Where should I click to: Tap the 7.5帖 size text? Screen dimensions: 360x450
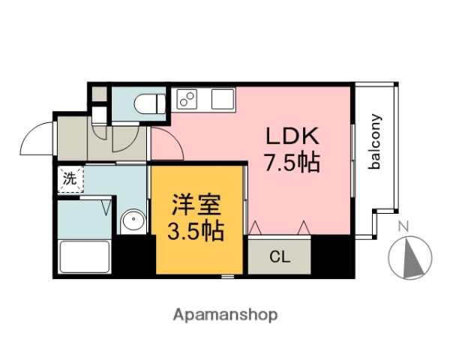pos(292,161)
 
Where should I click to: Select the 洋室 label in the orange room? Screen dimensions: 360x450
pos(198,204)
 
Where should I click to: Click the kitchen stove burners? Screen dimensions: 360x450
pos(187,97)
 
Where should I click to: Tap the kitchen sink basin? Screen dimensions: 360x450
pos(223,98)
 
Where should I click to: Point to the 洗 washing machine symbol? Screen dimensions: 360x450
pos(70,179)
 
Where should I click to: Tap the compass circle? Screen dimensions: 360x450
pos(410,258)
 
